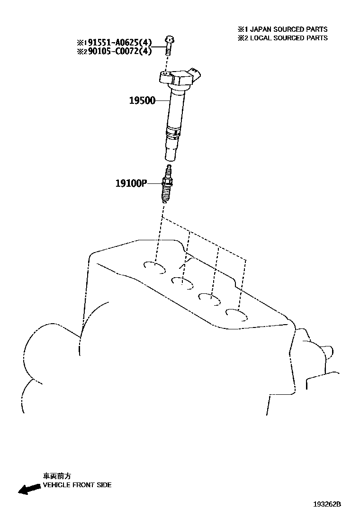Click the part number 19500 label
(x=142, y=100)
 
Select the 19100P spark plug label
(x=131, y=183)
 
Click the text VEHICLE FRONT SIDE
(x=77, y=485)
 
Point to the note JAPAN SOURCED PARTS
(x=283, y=29)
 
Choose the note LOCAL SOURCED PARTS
(x=283, y=37)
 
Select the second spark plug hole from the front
(x=182, y=283)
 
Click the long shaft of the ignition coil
(x=176, y=109)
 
